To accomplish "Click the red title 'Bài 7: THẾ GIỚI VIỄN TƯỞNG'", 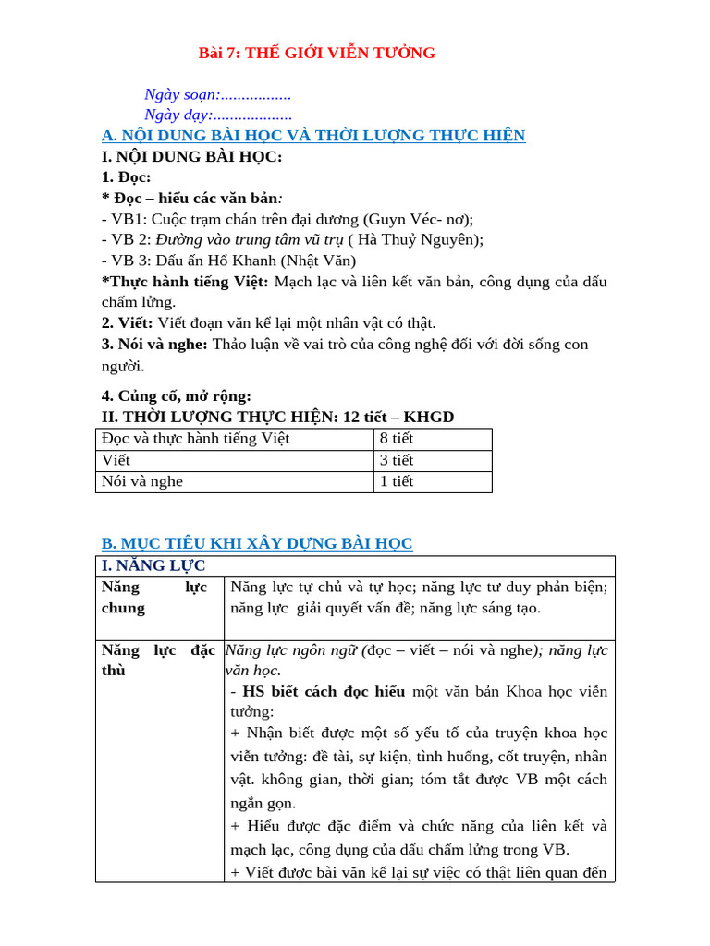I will click(317, 53).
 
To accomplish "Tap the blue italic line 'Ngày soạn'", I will click(217, 94).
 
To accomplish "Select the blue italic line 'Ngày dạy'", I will click(218, 115).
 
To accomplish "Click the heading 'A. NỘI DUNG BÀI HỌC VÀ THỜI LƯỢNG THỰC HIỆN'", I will click(313, 136).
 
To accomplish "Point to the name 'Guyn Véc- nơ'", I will click(417, 219).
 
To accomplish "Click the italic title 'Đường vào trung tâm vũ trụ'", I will click(250, 239).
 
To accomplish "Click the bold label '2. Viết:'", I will click(128, 322).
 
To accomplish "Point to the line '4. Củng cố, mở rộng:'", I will click(176, 395).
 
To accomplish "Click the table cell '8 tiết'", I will click(397, 439).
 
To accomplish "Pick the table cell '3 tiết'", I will click(397, 460).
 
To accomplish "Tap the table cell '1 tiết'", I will click(397, 481).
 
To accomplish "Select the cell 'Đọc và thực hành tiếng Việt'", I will click(196, 439).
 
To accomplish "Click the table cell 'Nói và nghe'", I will click(142, 481).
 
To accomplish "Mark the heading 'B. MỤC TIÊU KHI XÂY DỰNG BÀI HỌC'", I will click(257, 543).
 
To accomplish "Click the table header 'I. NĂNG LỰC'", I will click(153, 565).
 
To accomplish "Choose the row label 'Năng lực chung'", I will click(153, 597).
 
